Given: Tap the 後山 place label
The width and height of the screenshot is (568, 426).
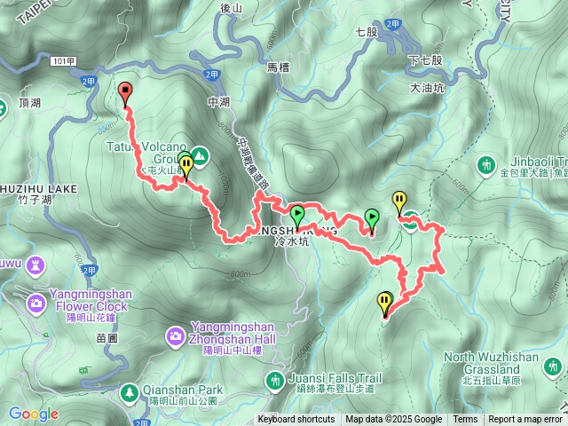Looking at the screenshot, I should tap(230, 8).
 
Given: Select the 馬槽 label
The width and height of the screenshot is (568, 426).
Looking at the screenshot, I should tap(278, 67).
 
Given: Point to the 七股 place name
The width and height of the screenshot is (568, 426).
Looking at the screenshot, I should tap(367, 33).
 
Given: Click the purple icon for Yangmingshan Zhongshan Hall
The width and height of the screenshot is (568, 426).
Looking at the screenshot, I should tap(175, 335).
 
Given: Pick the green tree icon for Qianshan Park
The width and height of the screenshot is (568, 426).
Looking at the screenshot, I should tap(130, 390).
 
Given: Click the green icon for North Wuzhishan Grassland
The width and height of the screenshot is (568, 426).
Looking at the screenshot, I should tap(553, 366).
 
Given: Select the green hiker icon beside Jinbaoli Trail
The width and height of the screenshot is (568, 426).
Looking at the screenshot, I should tap(485, 164).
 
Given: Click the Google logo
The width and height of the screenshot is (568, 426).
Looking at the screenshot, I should tap(34, 414).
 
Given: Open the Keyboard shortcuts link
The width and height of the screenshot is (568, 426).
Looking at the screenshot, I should tap(296, 420).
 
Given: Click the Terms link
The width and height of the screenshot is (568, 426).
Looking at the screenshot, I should tap(465, 420).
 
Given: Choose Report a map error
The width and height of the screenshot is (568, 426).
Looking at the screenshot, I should tap(525, 420).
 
